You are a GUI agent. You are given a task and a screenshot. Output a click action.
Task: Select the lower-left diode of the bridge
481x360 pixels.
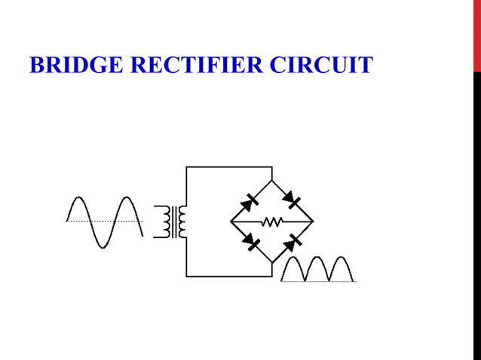pyautogui.click(x=250, y=240)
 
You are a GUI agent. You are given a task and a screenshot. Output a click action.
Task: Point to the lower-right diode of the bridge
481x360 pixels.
pyautogui.click(x=293, y=242)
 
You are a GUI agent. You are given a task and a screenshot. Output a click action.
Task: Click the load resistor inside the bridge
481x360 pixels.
pyautogui.click(x=271, y=221)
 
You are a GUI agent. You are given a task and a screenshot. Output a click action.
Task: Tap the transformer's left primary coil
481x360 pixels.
pyautogui.click(x=164, y=221)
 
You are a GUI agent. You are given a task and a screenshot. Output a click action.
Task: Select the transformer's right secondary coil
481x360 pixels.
pyautogui.click(x=182, y=221)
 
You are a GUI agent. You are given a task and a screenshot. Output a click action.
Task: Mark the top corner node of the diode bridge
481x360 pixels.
pyautogui.click(x=271, y=181)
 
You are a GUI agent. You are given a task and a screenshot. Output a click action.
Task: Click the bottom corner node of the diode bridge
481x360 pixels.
pyautogui.click(x=271, y=262)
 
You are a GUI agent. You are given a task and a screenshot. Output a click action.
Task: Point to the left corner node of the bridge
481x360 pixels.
pyautogui.click(x=231, y=221)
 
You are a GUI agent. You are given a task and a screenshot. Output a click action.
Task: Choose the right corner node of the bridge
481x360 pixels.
pyautogui.click(x=313, y=221)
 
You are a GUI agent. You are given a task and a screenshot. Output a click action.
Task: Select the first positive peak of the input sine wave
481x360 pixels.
pyautogui.click(x=78, y=200)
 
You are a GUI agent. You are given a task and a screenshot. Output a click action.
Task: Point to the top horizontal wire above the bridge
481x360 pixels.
pyautogui.click(x=228, y=166)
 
